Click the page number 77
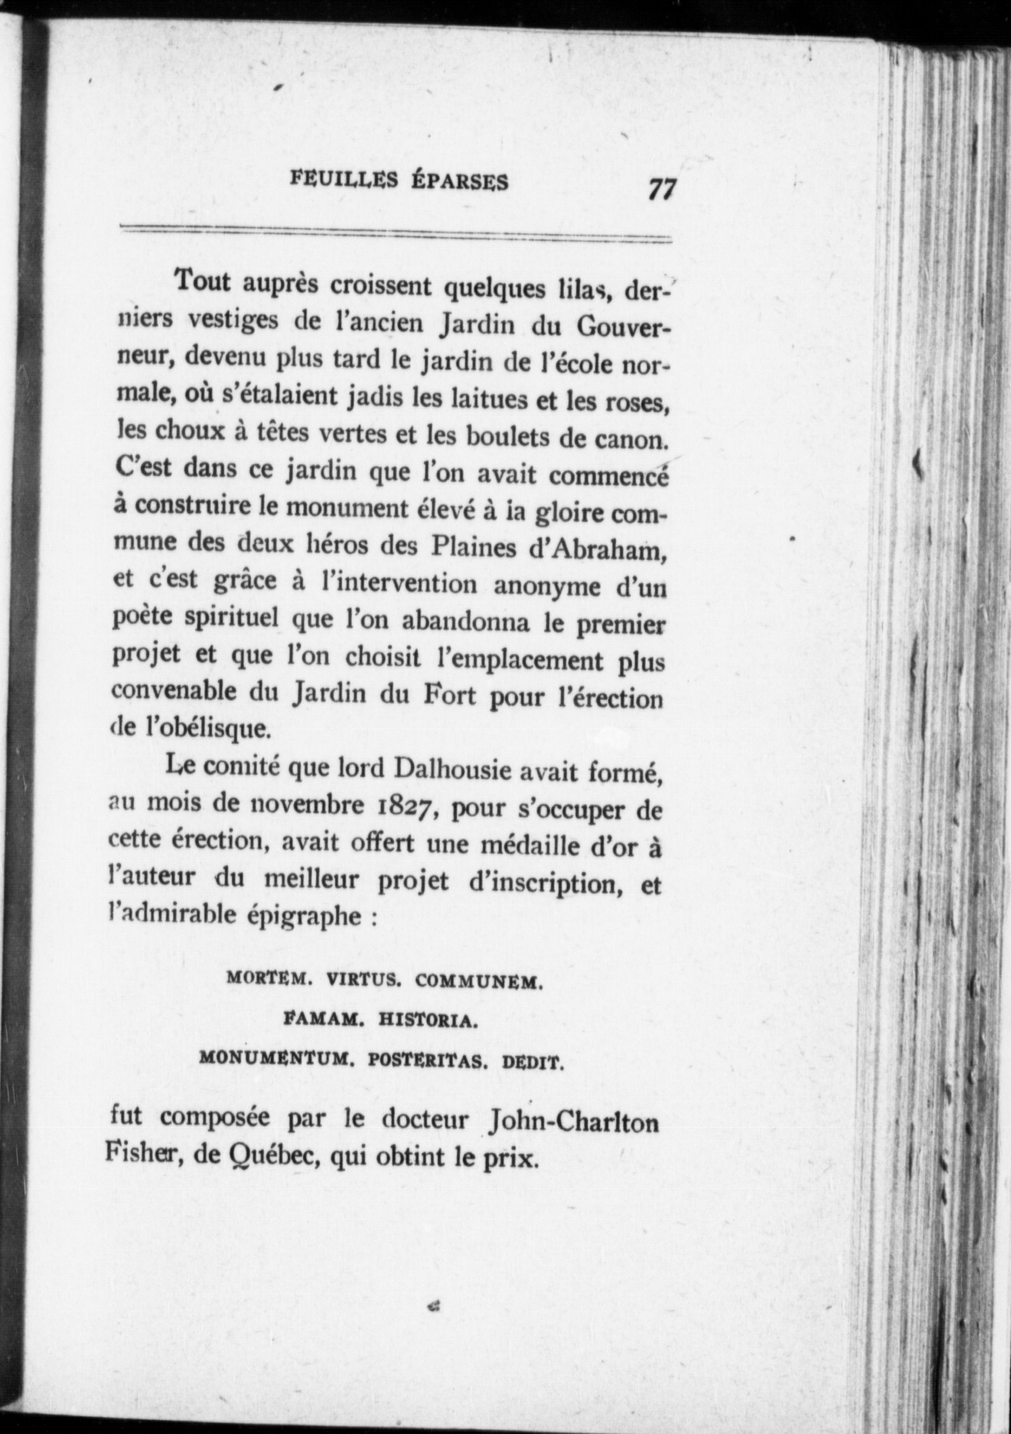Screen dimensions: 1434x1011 tap(659, 188)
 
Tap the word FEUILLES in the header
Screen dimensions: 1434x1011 tap(344, 181)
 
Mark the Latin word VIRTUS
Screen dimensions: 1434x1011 tap(361, 980)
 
